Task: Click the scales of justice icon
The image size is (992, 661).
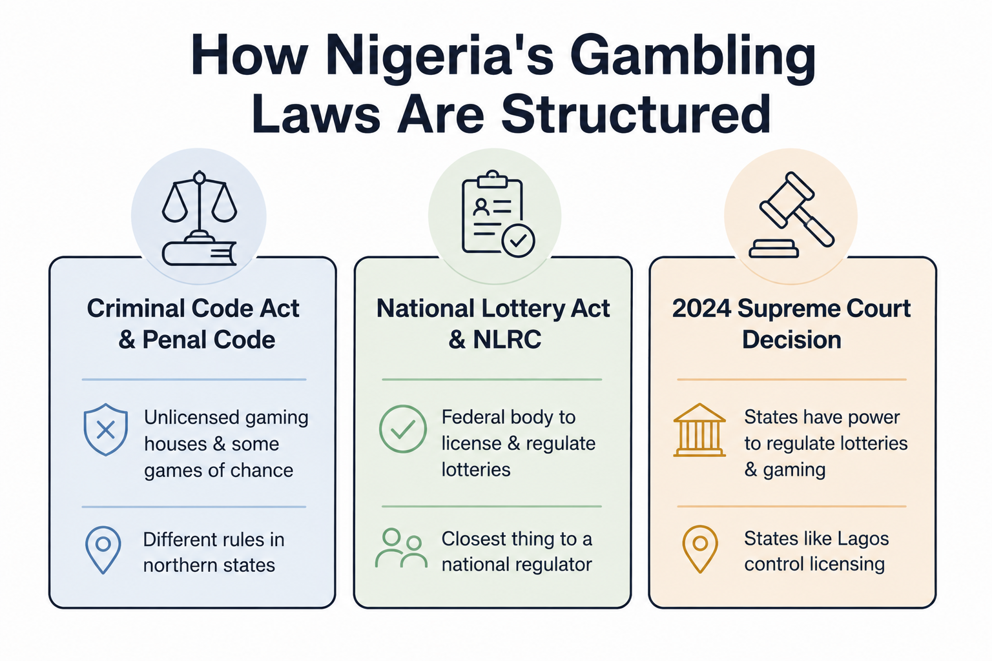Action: [200, 218]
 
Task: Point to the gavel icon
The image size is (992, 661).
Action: [791, 215]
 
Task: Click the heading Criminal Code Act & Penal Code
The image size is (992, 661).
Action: [193, 324]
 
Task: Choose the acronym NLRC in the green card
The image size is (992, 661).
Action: [506, 340]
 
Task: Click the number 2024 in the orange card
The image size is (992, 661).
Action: [701, 309]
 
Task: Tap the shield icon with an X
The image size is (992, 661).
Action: [106, 429]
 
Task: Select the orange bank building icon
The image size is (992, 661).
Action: [699, 430]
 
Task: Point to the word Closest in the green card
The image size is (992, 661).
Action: [474, 539]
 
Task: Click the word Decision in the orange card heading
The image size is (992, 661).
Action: [791, 340]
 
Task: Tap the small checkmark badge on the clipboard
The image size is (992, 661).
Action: [518, 241]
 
